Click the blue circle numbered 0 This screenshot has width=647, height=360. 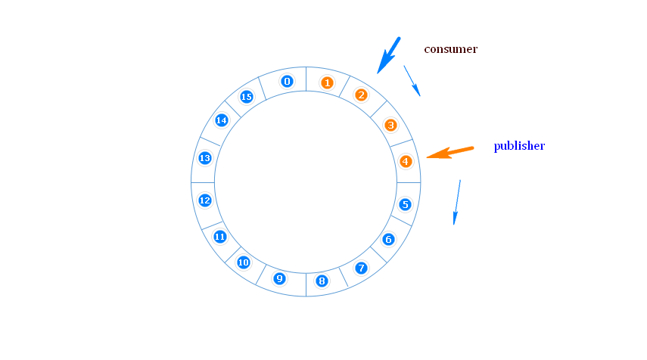pyautogui.click(x=287, y=81)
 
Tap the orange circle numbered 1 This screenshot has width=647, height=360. pyautogui.click(x=327, y=82)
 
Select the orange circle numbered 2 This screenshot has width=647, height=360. pyautogui.click(x=361, y=95)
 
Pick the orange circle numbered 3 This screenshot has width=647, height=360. pyautogui.click(x=390, y=125)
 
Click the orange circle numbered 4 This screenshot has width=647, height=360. pyautogui.click(x=406, y=161)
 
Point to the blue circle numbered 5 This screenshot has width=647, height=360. pyautogui.click(x=406, y=204)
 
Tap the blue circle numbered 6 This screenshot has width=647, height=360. pyautogui.click(x=388, y=239)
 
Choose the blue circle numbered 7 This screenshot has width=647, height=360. pyautogui.click(x=361, y=268)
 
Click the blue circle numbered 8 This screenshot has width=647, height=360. pyautogui.click(x=322, y=281)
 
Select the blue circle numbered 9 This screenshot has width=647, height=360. pyautogui.click(x=279, y=278)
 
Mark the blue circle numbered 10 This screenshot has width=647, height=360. pyautogui.click(x=244, y=262)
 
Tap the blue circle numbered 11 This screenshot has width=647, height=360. pyautogui.click(x=220, y=237)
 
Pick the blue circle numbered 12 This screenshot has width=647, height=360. pyautogui.click(x=204, y=200)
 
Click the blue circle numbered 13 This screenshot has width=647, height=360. pyautogui.click(x=204, y=158)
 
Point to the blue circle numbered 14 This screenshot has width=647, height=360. pyautogui.click(x=222, y=120)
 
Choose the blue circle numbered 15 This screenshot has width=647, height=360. pyautogui.click(x=246, y=97)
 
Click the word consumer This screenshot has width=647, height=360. pyautogui.click(x=450, y=49)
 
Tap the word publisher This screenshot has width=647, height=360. pyautogui.click(x=519, y=146)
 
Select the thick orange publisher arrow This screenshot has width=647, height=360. pyautogui.click(x=450, y=153)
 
